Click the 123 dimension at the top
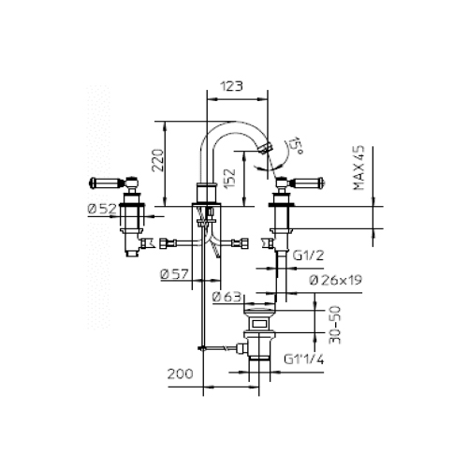coord(234,85)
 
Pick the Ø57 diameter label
coord(175,274)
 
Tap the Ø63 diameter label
coord(227,298)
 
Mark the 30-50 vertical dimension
coord(324,323)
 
